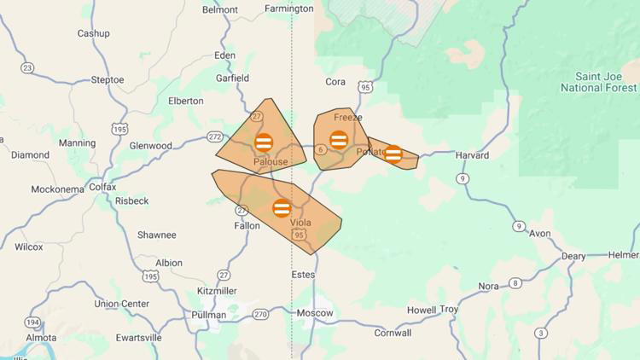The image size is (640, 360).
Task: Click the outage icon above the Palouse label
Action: coord(264,142)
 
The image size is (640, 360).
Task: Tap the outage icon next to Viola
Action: coord(282,207)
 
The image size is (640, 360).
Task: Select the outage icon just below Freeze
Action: coord(339,139)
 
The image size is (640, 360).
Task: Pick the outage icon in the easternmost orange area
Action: coord(393,154)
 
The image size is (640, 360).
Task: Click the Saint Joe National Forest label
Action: coord(598,82)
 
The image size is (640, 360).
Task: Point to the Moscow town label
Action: coord(315,313)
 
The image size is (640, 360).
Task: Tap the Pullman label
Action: coord(210,315)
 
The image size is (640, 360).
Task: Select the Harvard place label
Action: coord(472,155)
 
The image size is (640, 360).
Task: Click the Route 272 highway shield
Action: coord(215,136)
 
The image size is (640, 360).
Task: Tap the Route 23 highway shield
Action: coord(27,67)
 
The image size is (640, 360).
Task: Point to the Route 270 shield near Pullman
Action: coord(260,314)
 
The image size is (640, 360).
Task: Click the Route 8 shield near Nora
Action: coord(515,283)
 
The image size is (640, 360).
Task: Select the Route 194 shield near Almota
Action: coord(32,322)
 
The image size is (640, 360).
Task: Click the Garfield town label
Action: coord(232,78)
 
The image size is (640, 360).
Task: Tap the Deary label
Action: coord(573,257)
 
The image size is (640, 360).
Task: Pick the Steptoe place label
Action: coord(108,80)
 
